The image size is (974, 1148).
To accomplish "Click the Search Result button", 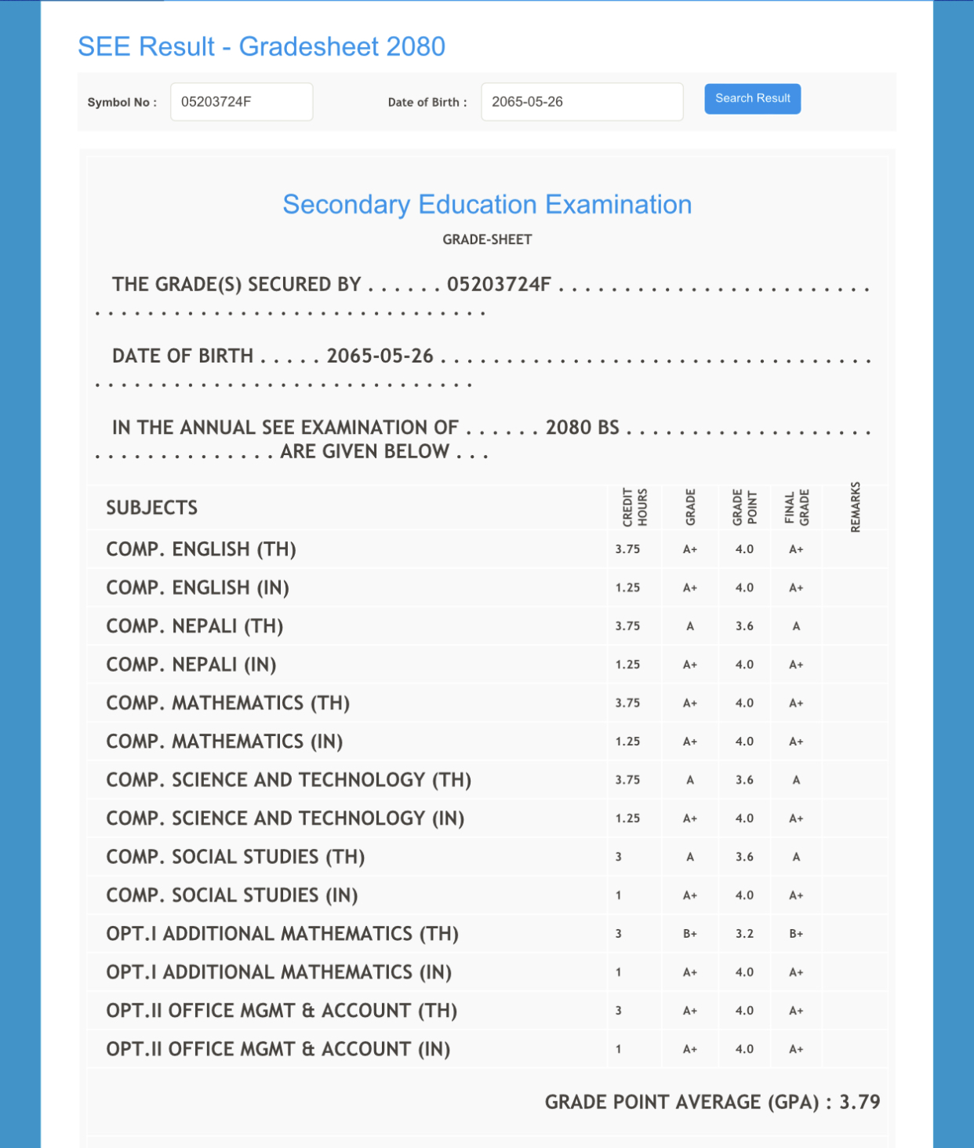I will click(x=752, y=99).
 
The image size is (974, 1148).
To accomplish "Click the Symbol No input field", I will click(x=242, y=102).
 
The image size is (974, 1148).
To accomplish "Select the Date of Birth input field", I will click(x=581, y=102).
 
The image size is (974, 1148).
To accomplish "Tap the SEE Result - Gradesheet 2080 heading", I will click(x=261, y=47).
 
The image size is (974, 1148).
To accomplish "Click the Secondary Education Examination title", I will click(x=487, y=205).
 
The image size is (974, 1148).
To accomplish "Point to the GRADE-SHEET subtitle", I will click(x=487, y=240).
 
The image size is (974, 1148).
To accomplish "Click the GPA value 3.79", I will click(x=860, y=1102).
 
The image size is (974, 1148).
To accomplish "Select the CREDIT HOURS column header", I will click(x=634, y=507).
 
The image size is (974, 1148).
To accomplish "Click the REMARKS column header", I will click(x=856, y=507).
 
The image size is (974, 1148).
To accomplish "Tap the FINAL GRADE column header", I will click(x=797, y=507).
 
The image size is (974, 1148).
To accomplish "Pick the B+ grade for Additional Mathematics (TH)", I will click(x=690, y=934).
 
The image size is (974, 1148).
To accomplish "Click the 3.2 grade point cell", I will click(x=744, y=934).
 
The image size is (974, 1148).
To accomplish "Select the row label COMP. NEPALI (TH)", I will click(x=194, y=626).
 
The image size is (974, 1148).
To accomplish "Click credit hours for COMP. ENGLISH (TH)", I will click(x=627, y=549).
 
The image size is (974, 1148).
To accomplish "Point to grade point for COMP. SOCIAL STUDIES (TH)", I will click(x=744, y=857).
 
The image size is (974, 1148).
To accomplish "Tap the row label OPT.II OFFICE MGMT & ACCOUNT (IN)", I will click(x=278, y=1049).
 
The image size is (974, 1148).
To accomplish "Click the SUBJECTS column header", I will click(x=152, y=508).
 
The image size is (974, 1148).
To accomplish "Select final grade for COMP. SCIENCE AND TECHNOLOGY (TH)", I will click(x=796, y=780).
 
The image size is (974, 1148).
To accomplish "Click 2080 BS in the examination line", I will click(x=583, y=428).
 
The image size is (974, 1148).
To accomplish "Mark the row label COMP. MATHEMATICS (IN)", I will click(x=224, y=742).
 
